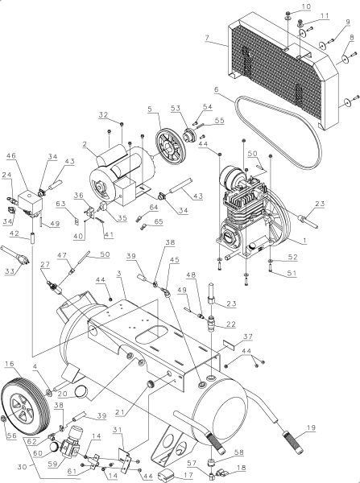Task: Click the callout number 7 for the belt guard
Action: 207,38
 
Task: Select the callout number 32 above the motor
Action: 103,114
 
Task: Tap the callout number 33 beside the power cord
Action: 10,272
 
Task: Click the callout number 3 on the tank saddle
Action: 118,276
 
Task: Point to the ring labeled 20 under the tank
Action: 81,392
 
